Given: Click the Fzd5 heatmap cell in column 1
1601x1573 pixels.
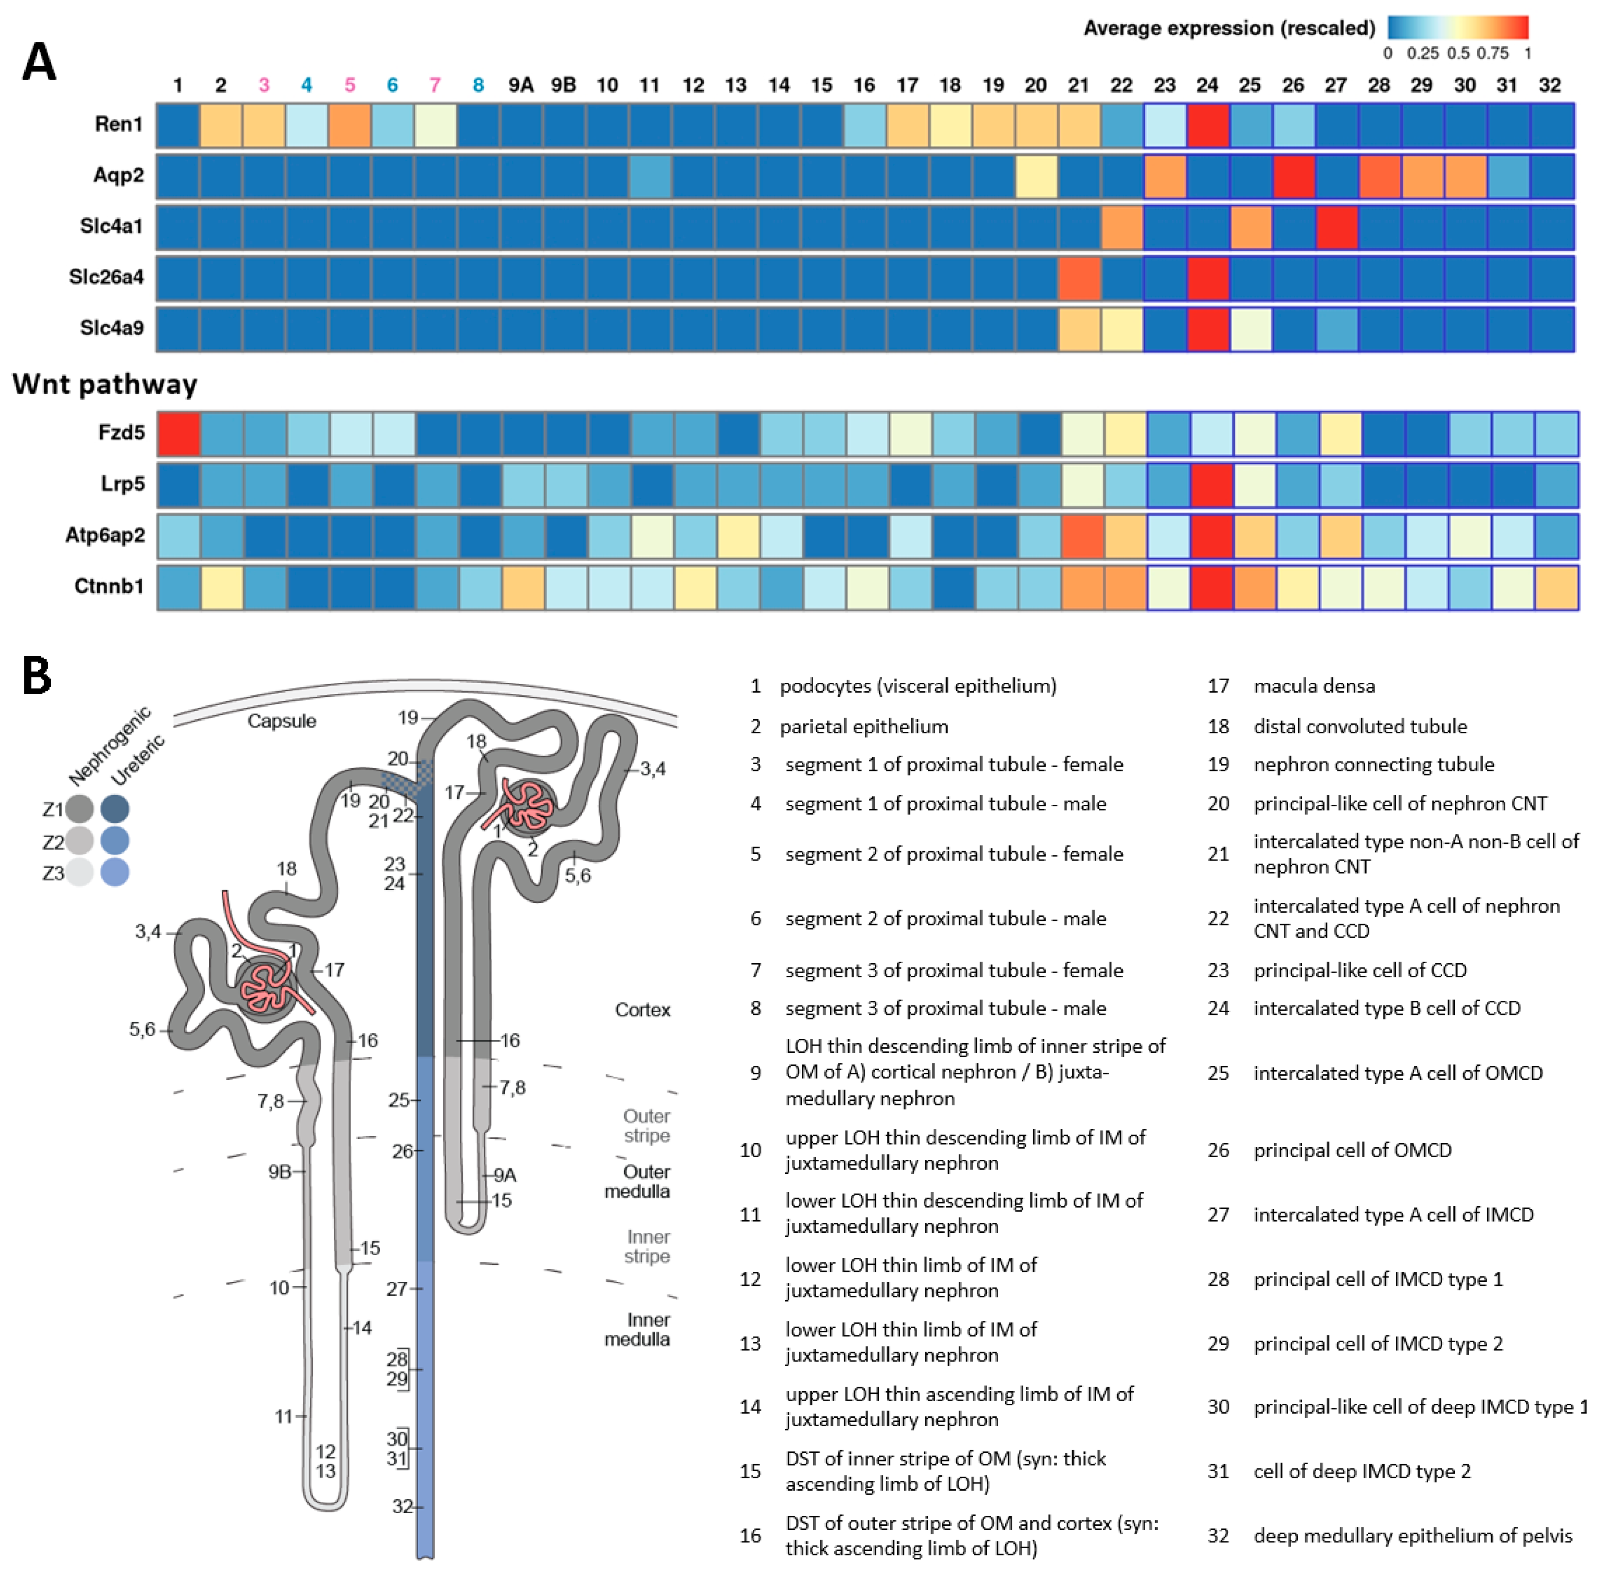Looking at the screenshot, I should coord(179,434).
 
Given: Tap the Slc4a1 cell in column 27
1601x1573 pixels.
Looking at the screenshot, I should coord(1336,227).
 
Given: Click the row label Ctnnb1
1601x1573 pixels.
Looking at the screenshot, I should coord(109,586).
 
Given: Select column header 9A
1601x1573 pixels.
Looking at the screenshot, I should coord(521,85).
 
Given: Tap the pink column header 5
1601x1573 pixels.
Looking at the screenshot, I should coord(350,85).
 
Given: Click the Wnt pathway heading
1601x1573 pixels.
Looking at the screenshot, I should coord(105,384).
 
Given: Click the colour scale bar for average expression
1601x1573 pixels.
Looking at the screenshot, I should coord(1457,27).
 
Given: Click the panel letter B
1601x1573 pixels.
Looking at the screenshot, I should coord(37,676).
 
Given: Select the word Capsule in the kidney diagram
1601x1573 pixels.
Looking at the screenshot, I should coord(282,721).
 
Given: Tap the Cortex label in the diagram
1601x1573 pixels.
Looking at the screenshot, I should coord(642,1010).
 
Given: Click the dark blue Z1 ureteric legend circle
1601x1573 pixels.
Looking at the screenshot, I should coord(115,809).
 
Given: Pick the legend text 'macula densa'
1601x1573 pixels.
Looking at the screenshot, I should coord(1313,686).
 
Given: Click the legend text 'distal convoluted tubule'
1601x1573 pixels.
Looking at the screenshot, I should coord(1360,726).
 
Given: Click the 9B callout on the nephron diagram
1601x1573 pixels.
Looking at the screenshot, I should coord(279,1172).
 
